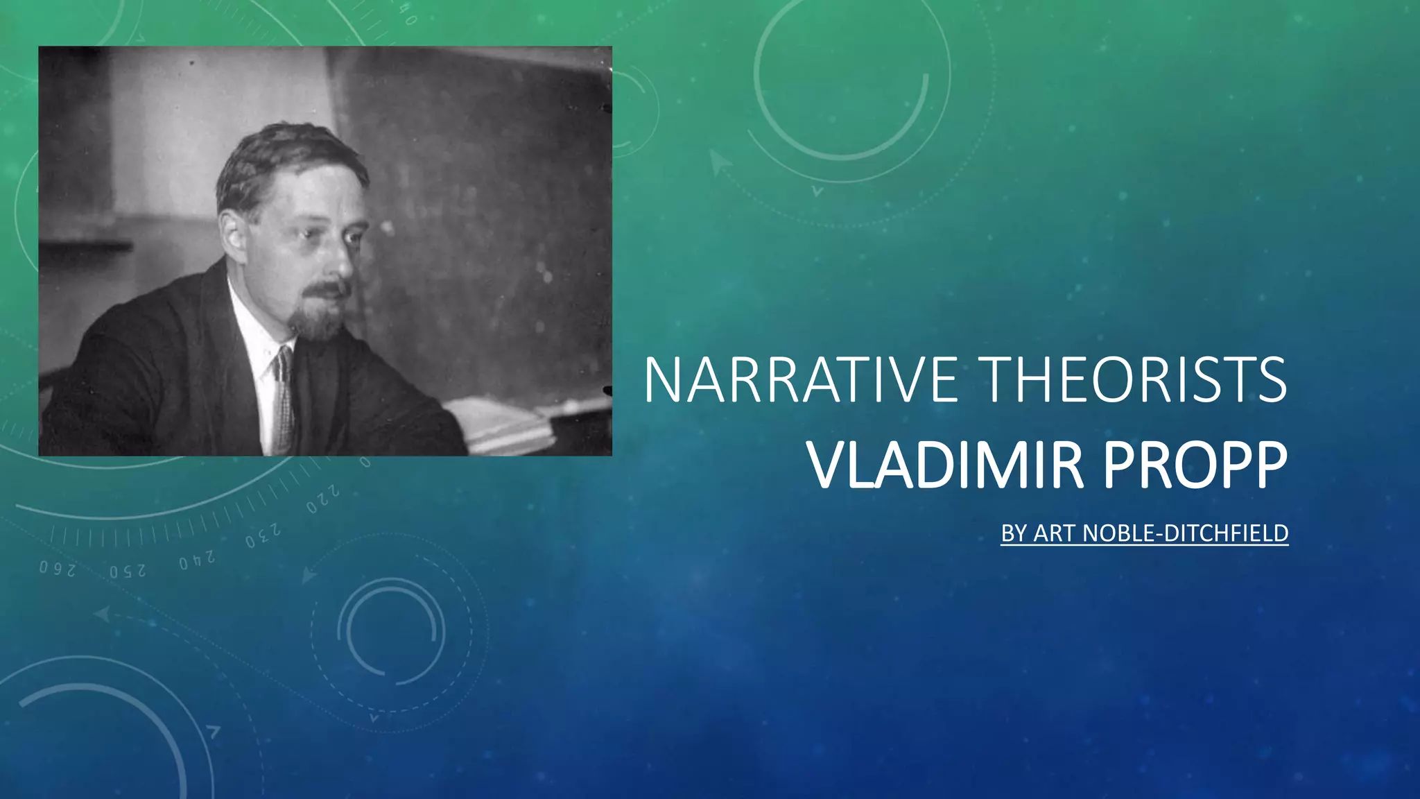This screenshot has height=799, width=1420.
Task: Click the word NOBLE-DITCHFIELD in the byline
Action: (1185, 533)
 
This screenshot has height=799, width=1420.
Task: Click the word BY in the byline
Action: (1014, 533)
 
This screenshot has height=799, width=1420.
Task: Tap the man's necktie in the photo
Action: (282, 402)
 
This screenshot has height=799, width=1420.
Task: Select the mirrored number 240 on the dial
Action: (197, 559)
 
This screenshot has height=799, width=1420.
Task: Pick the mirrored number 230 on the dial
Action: (263, 535)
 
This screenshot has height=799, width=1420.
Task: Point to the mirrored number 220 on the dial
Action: (323, 500)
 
